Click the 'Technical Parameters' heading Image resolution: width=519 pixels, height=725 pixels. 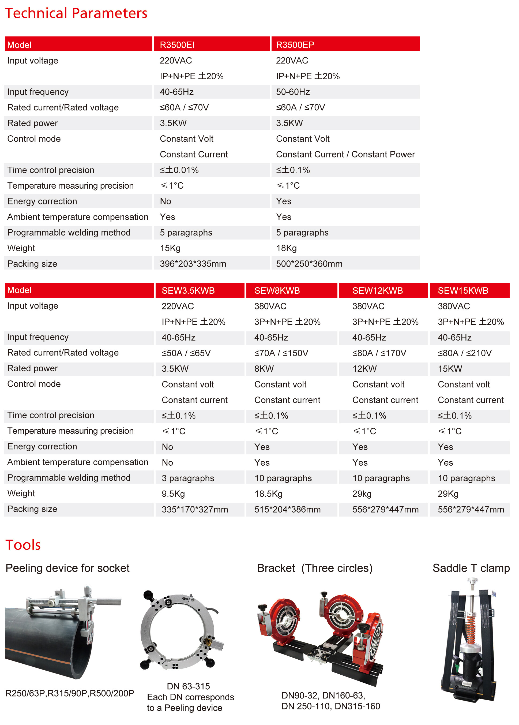pyautogui.click(x=76, y=13)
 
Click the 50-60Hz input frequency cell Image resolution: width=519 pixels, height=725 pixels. pyautogui.click(x=293, y=92)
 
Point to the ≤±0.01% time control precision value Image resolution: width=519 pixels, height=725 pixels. pyautogui.click(x=179, y=170)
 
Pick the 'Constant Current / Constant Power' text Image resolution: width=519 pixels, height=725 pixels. pyautogui.click(x=345, y=154)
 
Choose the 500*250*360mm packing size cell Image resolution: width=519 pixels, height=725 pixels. pyautogui.click(x=309, y=264)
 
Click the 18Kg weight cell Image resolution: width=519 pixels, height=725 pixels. pyautogui.click(x=286, y=248)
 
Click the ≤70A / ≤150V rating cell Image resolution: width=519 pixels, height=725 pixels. pyautogui.click(x=281, y=353)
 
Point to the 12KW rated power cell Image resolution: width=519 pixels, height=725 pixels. pyautogui.click(x=364, y=369)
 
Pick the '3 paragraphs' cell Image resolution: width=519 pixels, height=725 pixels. pyautogui.click(x=188, y=478)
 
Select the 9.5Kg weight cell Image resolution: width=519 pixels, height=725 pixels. pyautogui.click(x=173, y=494)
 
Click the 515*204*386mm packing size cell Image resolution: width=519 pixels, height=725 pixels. pyautogui.click(x=287, y=510)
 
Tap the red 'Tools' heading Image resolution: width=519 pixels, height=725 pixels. pyautogui.click(x=23, y=545)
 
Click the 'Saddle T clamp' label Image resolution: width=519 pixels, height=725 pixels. pyautogui.click(x=471, y=568)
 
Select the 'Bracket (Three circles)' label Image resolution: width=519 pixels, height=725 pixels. pyautogui.click(x=315, y=568)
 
